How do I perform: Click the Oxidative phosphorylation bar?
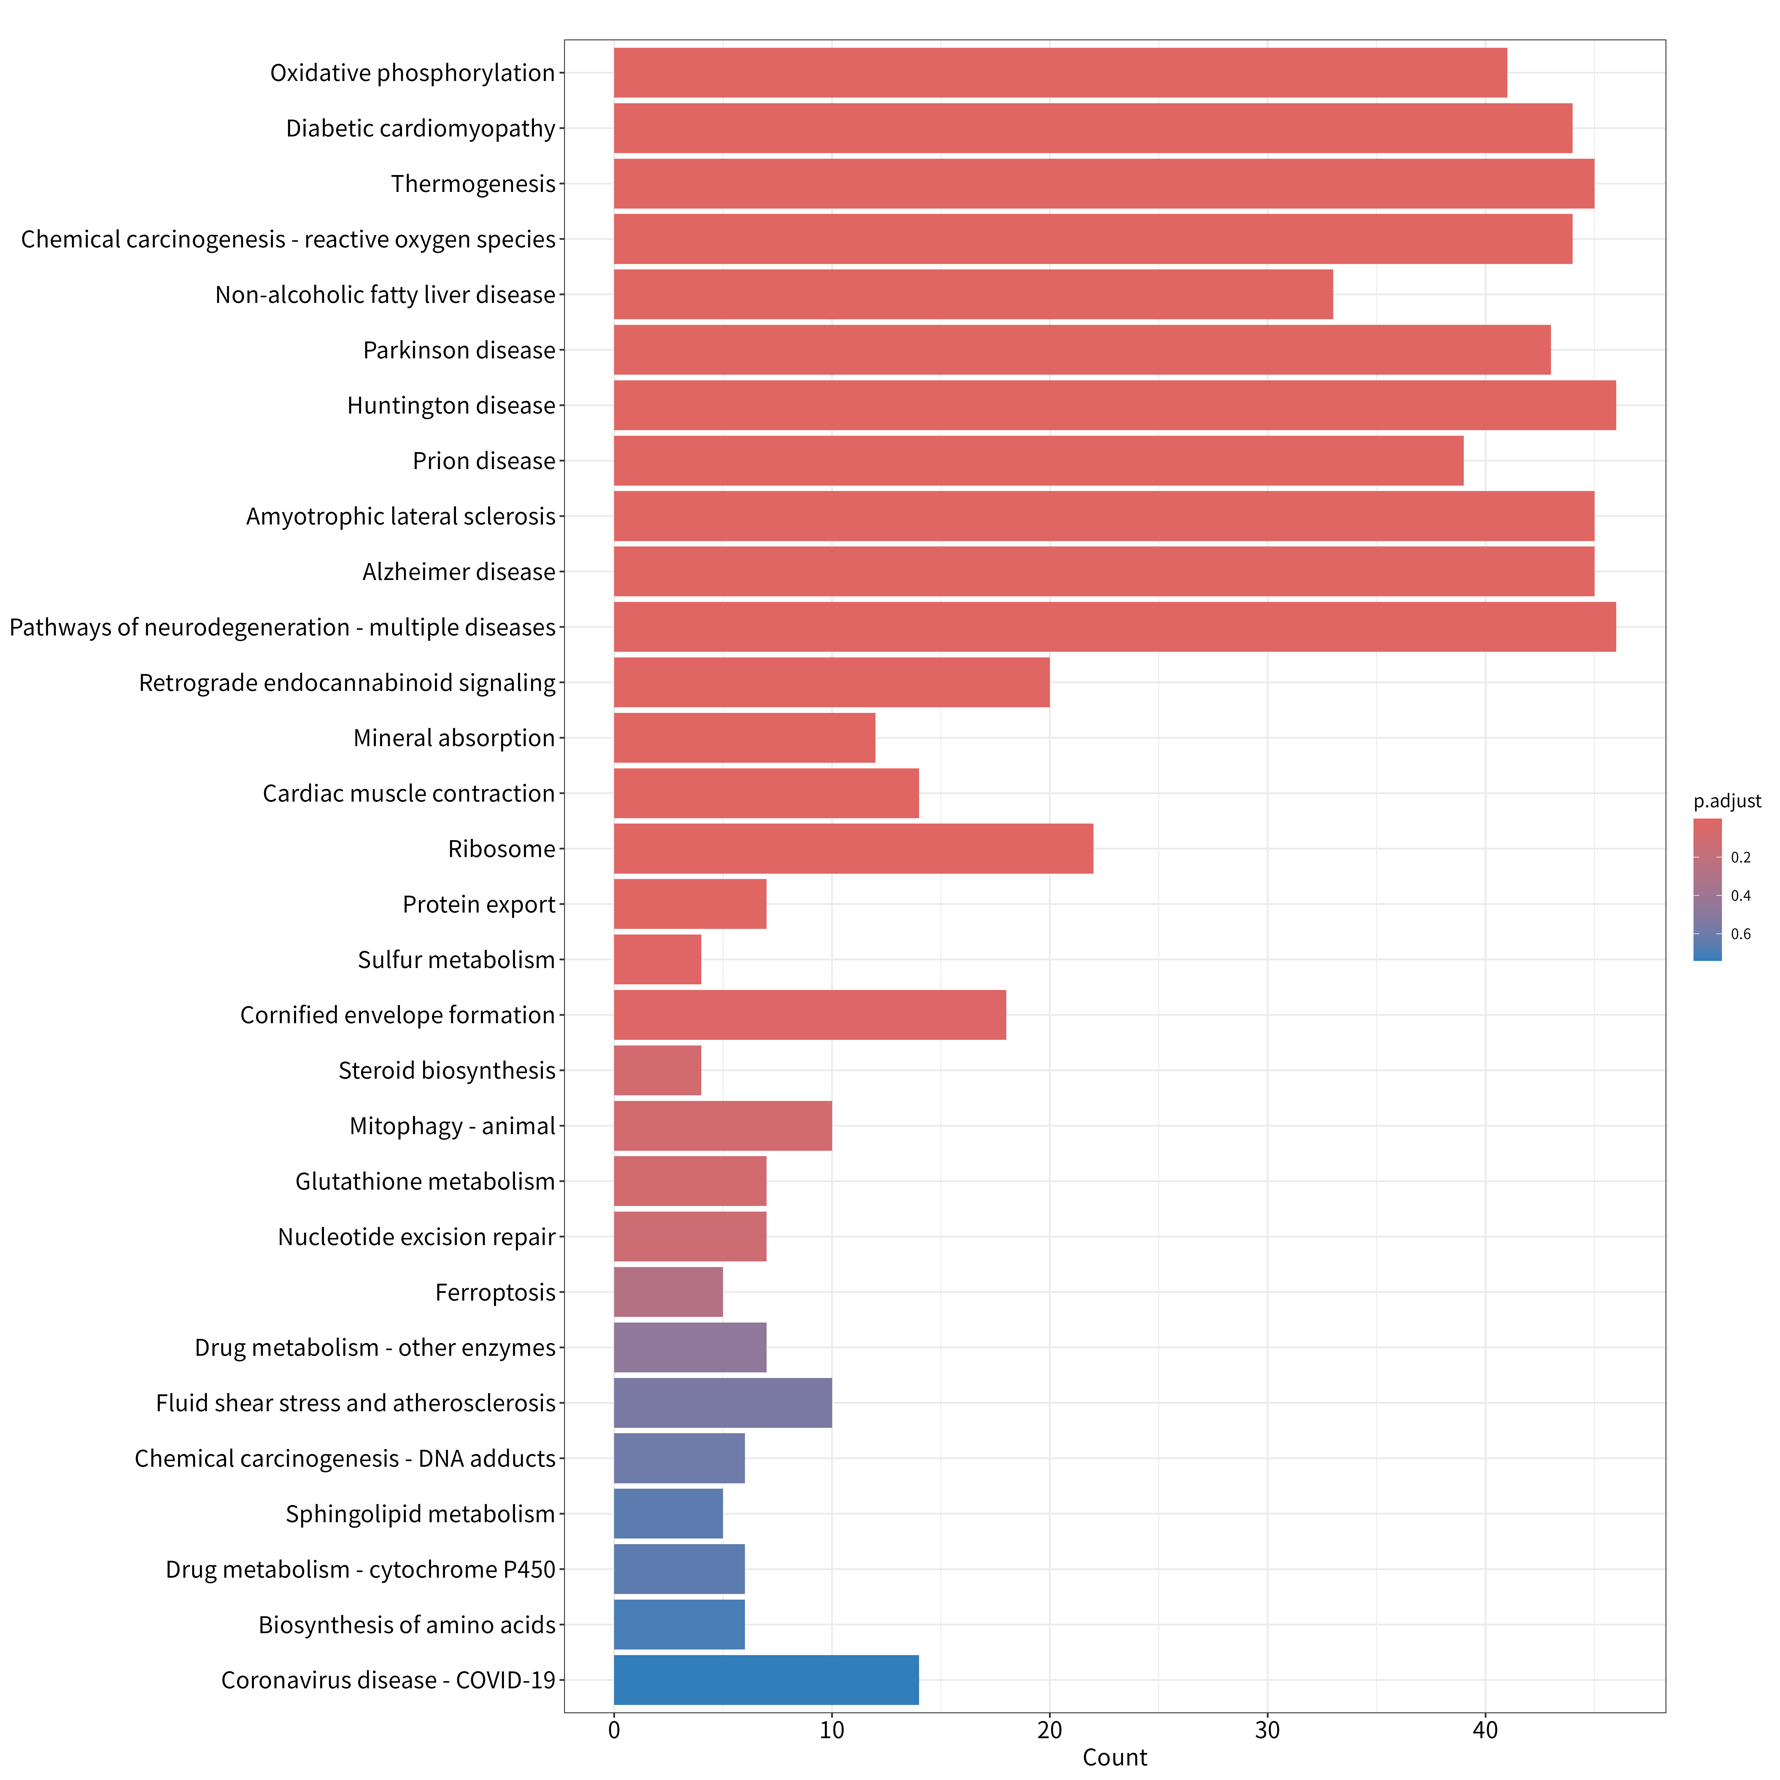point(1061,73)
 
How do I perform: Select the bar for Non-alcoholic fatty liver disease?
point(973,295)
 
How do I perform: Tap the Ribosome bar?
point(853,848)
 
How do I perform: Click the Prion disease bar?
point(1038,461)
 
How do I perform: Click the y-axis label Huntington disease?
point(452,405)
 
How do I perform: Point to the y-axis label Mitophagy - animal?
point(452,1126)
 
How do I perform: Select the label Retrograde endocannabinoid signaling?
point(347,683)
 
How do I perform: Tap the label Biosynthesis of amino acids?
point(407,1624)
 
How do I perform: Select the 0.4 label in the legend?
point(1740,896)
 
